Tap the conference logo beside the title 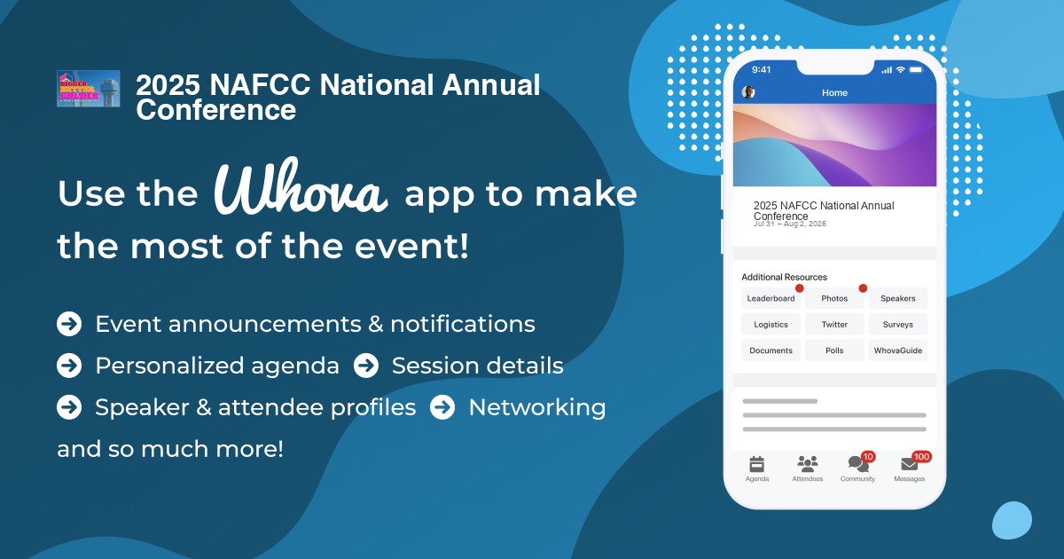[89, 89]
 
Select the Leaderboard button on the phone [771, 298]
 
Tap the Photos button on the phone [834, 298]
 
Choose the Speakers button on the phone [898, 298]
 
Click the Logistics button [771, 325]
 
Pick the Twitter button [834, 325]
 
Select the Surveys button [898, 325]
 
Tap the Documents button [771, 350]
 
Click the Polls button [834, 350]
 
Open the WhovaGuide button [898, 350]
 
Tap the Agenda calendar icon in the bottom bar [756, 464]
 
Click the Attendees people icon [807, 464]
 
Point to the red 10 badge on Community [868, 456]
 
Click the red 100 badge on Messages [921, 456]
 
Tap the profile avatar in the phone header [748, 92]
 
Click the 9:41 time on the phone [762, 69]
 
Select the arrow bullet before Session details [366, 366]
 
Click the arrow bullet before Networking [442, 407]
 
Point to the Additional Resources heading [784, 277]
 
